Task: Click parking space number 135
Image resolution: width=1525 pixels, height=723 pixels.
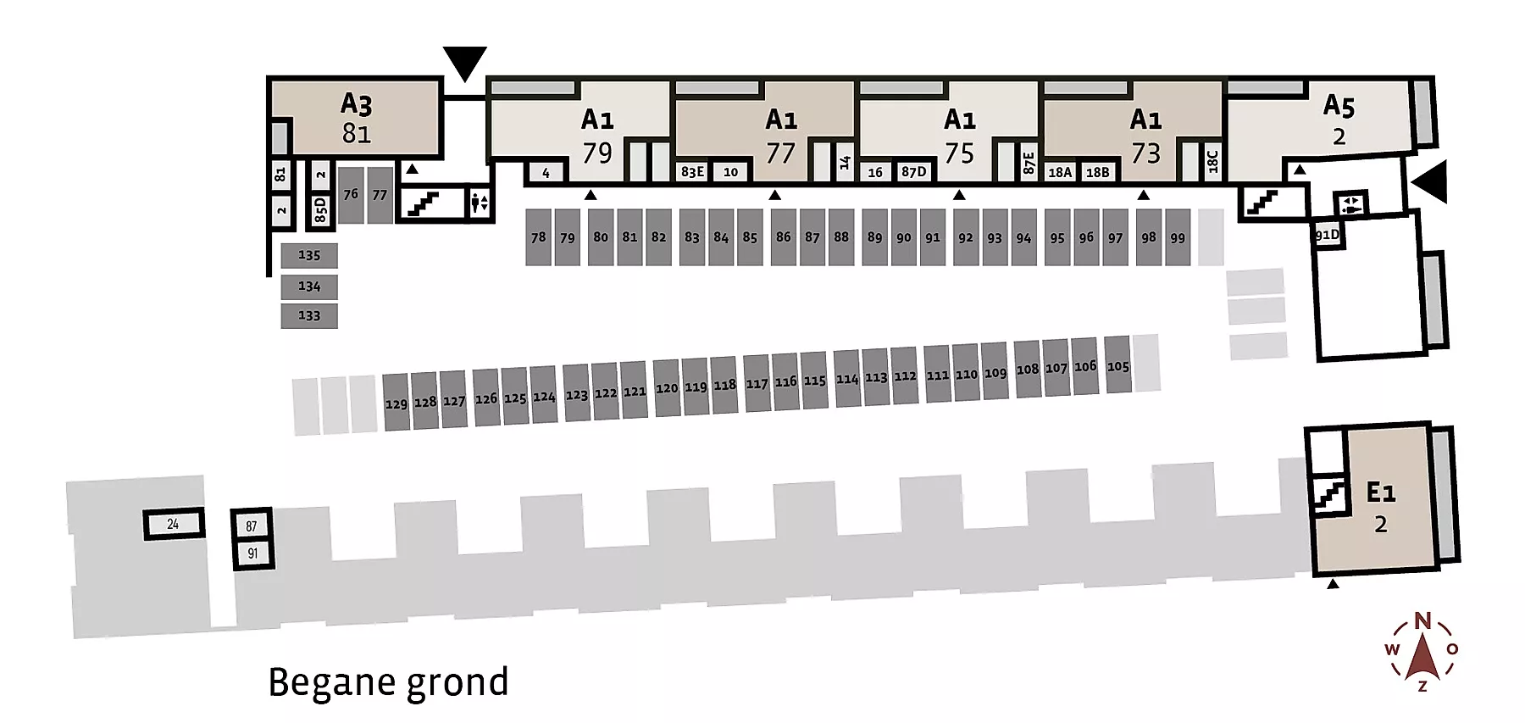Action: [309, 255]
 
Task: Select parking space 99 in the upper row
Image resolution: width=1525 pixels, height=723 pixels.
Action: [1178, 237]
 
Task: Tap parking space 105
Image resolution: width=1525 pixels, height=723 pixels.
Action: [1118, 365]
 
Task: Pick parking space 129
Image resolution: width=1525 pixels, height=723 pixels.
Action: [396, 403]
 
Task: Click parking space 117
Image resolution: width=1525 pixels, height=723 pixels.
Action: [757, 383]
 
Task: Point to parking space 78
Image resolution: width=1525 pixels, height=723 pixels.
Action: [538, 237]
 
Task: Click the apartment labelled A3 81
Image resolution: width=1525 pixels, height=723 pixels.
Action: [357, 118]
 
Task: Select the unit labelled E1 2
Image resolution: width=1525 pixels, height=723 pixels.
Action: [1381, 507]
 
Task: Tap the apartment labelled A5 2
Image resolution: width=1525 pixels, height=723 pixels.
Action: [1339, 120]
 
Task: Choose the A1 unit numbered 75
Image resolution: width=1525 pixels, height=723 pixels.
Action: [959, 136]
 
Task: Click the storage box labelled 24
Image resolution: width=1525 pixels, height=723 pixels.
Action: [173, 524]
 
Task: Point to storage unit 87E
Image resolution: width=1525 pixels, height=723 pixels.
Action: [1029, 162]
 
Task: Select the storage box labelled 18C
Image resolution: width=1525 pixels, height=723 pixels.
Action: [1212, 161]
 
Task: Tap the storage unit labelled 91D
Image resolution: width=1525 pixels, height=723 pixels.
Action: [1328, 235]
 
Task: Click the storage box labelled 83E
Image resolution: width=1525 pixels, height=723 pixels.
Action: [692, 172]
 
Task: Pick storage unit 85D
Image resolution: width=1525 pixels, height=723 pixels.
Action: [320, 209]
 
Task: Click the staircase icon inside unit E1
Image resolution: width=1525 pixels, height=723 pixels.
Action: [1328, 493]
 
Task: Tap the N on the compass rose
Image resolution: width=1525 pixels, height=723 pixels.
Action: [1422, 620]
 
